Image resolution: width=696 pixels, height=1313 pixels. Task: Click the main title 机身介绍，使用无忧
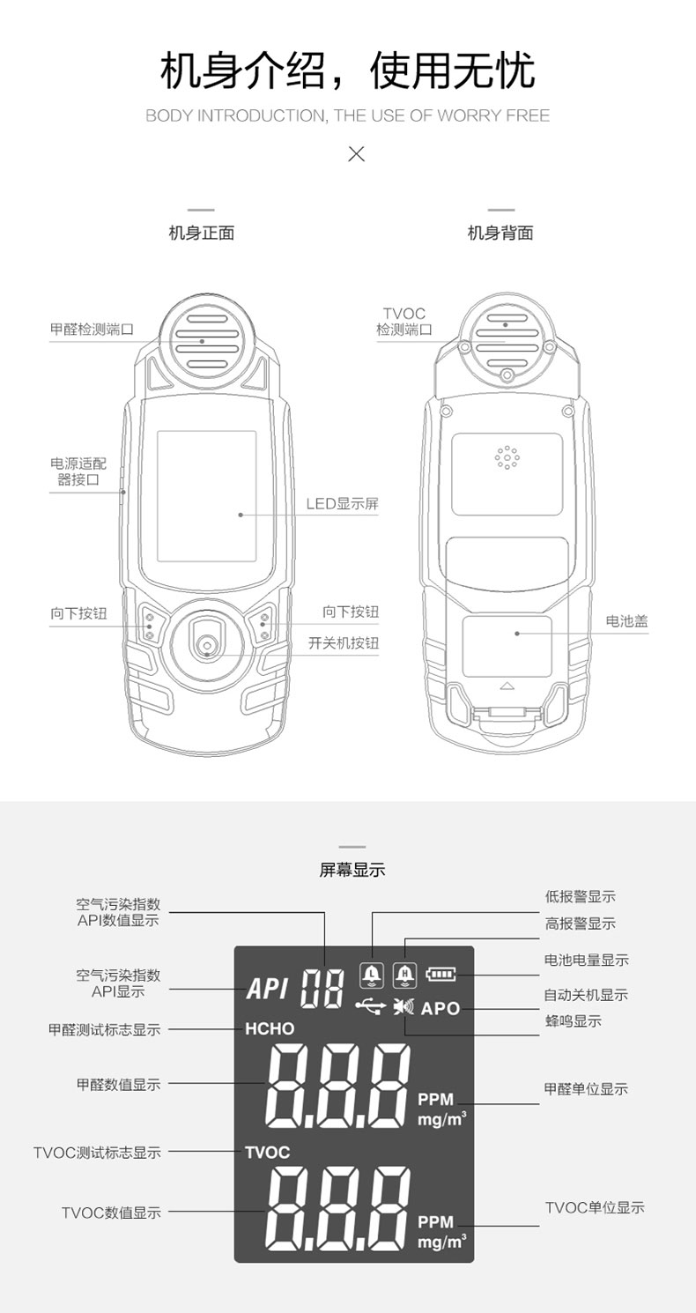(x=347, y=71)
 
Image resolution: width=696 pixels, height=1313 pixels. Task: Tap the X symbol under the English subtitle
(x=356, y=154)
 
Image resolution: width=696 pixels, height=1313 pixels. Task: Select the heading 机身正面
(x=201, y=234)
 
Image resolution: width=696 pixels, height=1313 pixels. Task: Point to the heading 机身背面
(x=500, y=234)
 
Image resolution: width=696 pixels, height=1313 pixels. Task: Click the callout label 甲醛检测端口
(x=92, y=330)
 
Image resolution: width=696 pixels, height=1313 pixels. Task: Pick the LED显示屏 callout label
(x=343, y=504)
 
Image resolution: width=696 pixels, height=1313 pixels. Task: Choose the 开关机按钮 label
(x=344, y=643)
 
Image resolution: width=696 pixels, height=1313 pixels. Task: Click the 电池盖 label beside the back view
(x=626, y=621)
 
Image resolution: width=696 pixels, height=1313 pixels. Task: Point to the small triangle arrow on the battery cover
(x=506, y=685)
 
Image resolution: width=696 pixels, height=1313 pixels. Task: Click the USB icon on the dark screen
(x=371, y=1005)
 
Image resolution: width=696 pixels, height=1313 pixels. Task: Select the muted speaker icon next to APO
(x=404, y=1006)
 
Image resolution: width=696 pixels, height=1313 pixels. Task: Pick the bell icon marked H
(x=404, y=975)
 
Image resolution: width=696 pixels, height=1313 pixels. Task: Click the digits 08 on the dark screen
(x=322, y=989)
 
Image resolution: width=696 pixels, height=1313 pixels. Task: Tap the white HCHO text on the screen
(x=270, y=1028)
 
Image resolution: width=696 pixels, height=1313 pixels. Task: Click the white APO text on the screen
(x=441, y=1008)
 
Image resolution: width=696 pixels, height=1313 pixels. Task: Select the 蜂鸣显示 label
(x=573, y=1021)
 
